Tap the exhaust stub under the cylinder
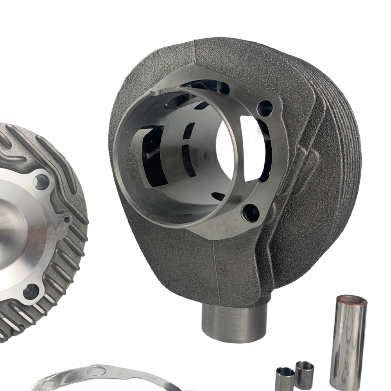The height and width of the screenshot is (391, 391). point(234,323)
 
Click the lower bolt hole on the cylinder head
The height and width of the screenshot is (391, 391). point(31,291)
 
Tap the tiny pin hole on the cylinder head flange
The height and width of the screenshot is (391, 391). point(67,219)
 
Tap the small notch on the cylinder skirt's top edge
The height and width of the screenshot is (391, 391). point(156,93)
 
